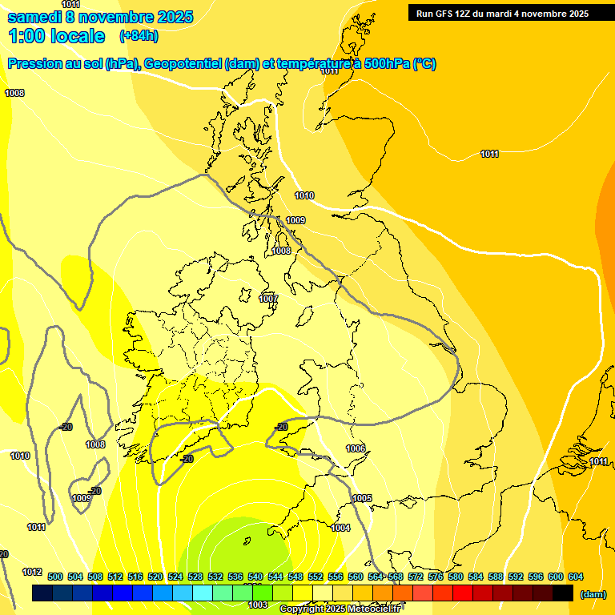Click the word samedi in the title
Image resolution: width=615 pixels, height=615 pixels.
click(x=33, y=17)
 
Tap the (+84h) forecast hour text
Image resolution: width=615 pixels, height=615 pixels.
click(x=139, y=36)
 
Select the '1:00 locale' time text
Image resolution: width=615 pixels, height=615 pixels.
click(x=57, y=36)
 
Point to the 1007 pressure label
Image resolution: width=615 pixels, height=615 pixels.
click(x=268, y=299)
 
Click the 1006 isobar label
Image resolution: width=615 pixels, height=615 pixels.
click(x=356, y=448)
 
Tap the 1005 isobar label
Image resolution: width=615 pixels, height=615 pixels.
click(x=362, y=499)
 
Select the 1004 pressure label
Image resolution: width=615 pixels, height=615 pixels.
click(x=340, y=528)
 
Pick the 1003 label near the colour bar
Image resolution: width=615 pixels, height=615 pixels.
click(x=257, y=605)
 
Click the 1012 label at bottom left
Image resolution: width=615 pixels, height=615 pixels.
click(x=32, y=572)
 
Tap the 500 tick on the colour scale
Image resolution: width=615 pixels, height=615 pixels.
click(x=55, y=577)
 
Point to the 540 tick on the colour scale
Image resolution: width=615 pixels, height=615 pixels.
click(x=255, y=577)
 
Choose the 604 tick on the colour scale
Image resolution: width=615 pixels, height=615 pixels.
click(x=575, y=577)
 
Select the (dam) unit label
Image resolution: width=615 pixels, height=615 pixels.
click(x=593, y=594)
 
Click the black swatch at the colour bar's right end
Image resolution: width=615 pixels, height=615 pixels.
click(x=563, y=593)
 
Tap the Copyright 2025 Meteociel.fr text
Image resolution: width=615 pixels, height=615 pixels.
click(x=340, y=609)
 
